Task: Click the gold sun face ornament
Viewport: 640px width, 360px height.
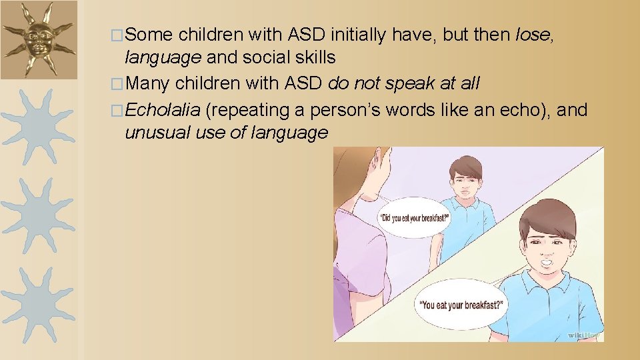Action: (37, 39)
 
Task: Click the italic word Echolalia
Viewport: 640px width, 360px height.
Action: (163, 109)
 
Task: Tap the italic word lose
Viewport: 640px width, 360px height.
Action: (532, 35)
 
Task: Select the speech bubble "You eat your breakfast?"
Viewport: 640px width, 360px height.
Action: (461, 306)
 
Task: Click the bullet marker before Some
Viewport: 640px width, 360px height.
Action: (117, 35)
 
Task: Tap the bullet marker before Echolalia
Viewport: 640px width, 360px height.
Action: (117, 110)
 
